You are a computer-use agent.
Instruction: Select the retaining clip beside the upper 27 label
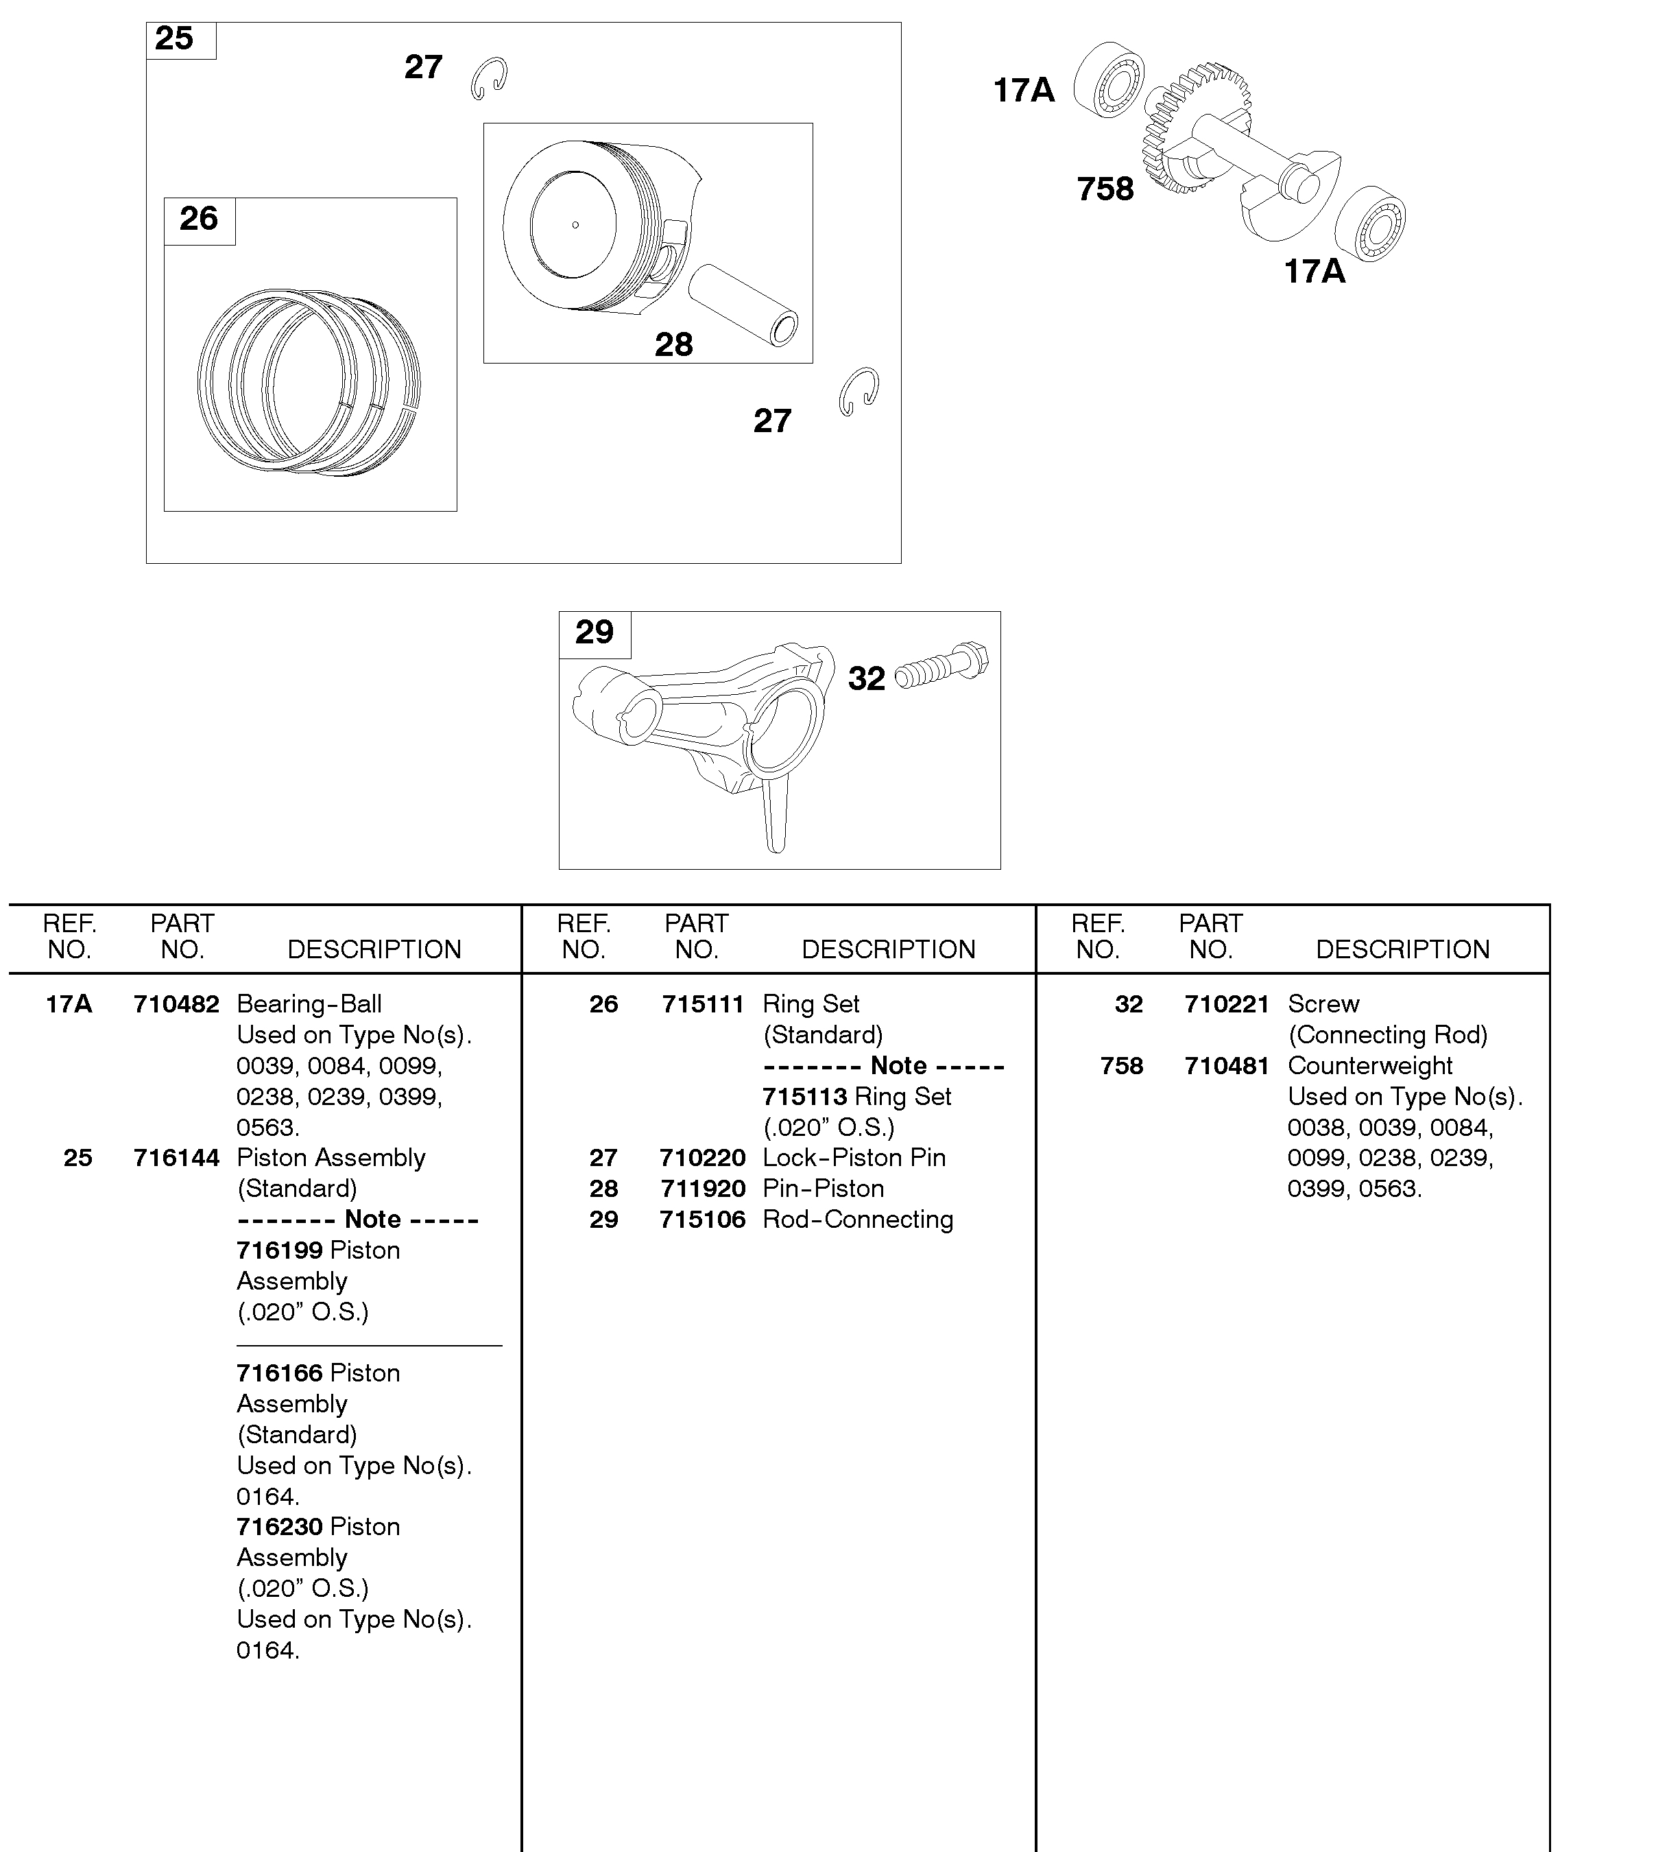(x=490, y=78)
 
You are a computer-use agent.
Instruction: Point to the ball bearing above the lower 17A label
(x=1370, y=222)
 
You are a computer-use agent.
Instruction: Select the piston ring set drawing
(x=309, y=382)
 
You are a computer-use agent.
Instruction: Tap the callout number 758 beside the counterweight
(x=1105, y=189)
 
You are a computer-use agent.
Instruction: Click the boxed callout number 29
(x=594, y=632)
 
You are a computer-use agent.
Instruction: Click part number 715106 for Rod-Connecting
(x=702, y=1220)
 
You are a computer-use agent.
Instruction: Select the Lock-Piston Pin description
(x=854, y=1159)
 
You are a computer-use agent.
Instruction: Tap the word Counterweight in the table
(x=1369, y=1067)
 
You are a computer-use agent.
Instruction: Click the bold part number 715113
(x=804, y=1097)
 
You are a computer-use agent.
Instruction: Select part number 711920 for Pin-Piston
(x=702, y=1189)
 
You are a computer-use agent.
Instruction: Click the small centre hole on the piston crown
(x=575, y=225)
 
